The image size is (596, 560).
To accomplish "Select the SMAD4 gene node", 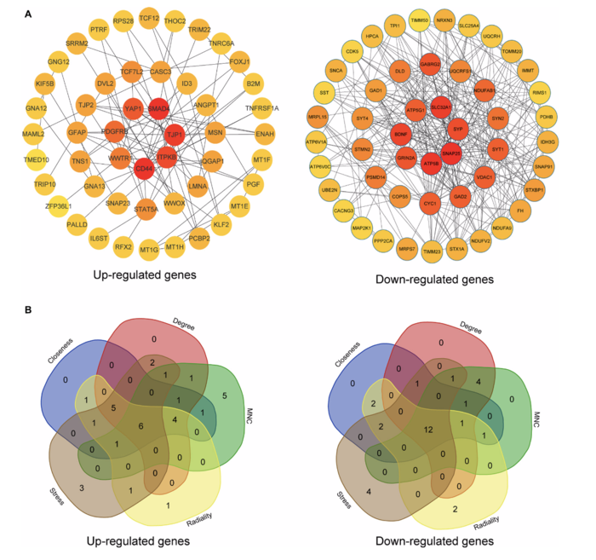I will coord(159,111).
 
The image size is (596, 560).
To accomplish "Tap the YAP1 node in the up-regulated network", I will coord(132,110).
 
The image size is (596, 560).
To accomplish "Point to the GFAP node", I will coord(77,134).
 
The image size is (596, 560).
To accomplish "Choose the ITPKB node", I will coord(165,156).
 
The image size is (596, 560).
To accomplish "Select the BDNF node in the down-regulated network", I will coord(401,134).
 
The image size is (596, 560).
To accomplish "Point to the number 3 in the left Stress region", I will coord(79,486).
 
